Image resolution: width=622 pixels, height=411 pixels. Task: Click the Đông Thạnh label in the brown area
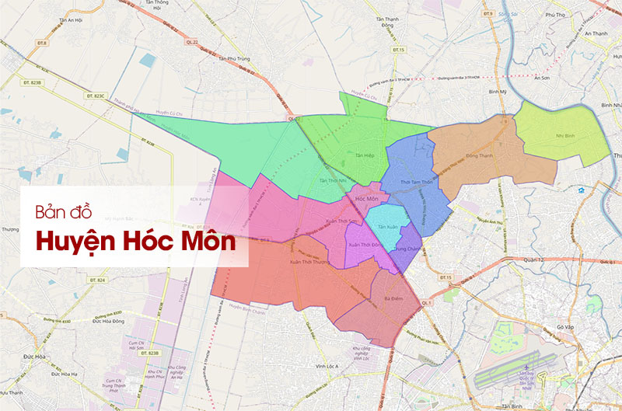pyautogui.click(x=479, y=155)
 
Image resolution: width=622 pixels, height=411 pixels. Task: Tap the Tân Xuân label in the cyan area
pyautogui.click(x=387, y=227)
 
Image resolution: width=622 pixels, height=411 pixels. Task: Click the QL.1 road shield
pyautogui.click(x=425, y=301)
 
